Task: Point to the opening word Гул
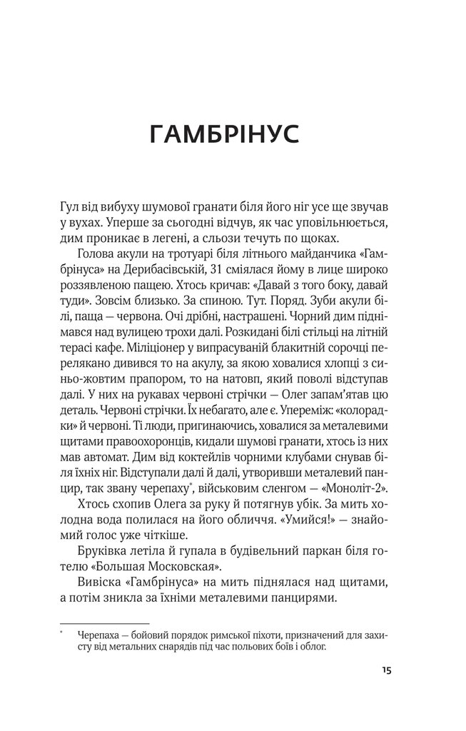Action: pos(72,206)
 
